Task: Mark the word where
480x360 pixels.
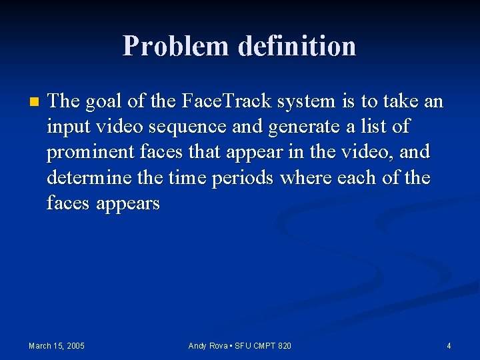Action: pyautogui.click(x=314, y=178)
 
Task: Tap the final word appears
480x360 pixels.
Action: pyautogui.click(x=127, y=203)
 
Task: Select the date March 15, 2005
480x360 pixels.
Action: pyautogui.click(x=57, y=345)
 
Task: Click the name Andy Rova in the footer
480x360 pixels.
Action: pyautogui.click(x=209, y=345)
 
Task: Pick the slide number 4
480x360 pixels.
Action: pyautogui.click(x=449, y=345)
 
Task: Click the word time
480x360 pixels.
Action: pyautogui.click(x=183, y=178)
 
